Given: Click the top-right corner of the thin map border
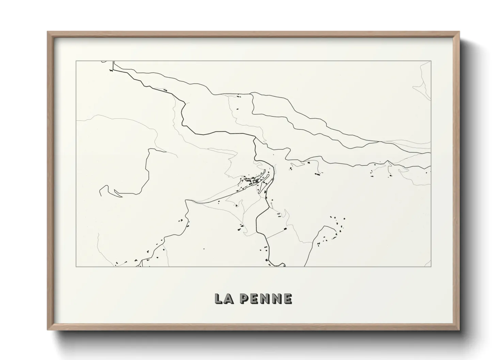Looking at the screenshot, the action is click(x=431, y=61).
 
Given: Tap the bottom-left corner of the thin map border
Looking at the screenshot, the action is click(x=76, y=266).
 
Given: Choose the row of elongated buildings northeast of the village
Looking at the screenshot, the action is click(x=318, y=174).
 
